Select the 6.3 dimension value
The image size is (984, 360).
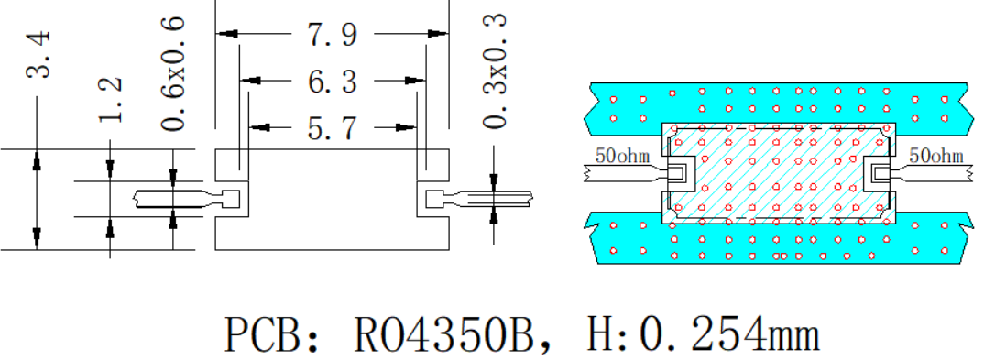click(x=332, y=81)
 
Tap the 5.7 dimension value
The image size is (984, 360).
click(x=332, y=128)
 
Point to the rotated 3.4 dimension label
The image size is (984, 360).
click(x=38, y=55)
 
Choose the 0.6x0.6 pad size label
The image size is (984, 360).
click(x=172, y=74)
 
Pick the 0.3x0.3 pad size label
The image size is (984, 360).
click(x=495, y=71)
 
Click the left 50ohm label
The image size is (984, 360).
click(x=622, y=156)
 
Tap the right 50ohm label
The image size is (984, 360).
click(x=935, y=156)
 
